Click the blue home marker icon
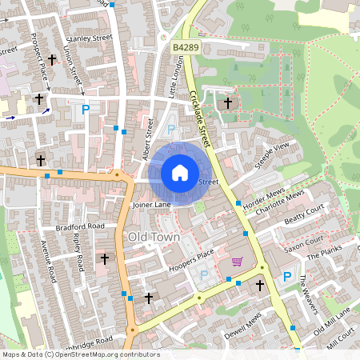[x=180, y=173]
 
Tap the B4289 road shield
[x=185, y=49]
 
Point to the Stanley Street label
[x=90, y=38]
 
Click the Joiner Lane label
[x=152, y=205]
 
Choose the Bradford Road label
[x=80, y=227]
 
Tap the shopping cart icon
[x=237, y=262]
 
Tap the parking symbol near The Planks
[x=286, y=277]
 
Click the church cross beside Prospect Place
[x=53, y=59]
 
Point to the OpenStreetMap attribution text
[x=80, y=354]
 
